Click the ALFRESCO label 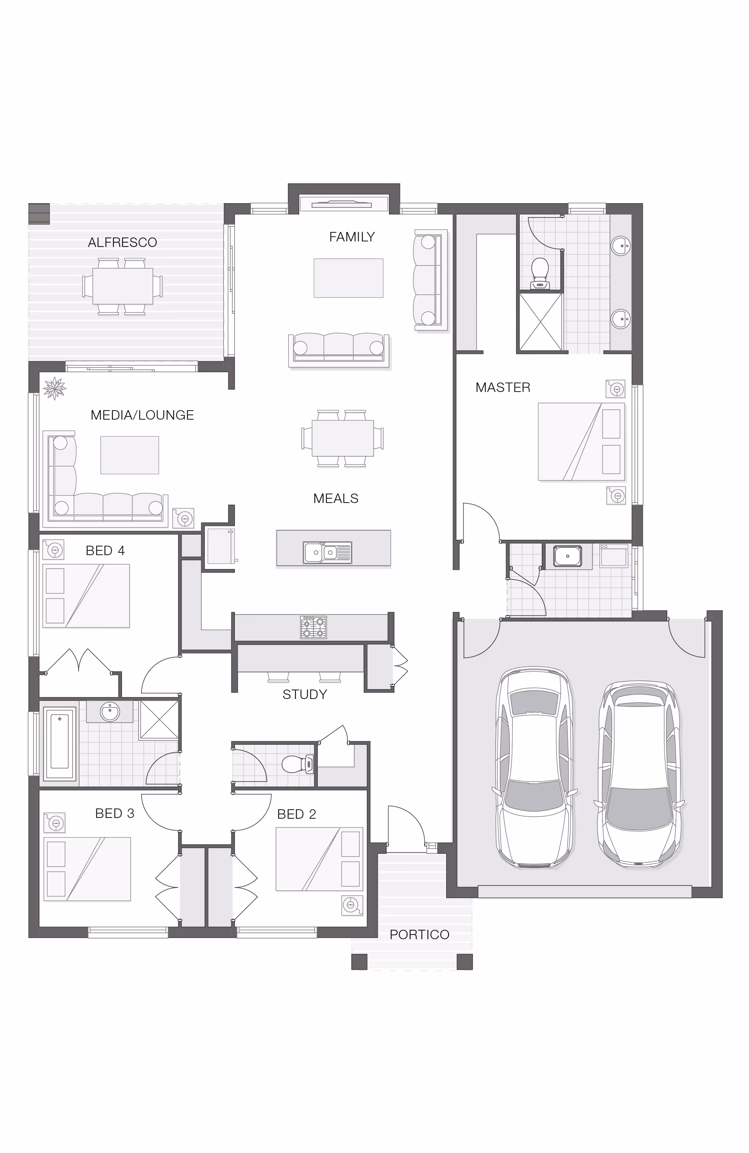pos(122,242)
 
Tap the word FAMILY pos(352,237)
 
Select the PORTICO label pos(419,934)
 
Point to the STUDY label pos(304,694)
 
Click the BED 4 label pos(105,550)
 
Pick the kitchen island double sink pos(327,552)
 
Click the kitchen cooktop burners pos(313,627)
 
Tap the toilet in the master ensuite pos(540,274)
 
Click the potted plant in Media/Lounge pos(54,388)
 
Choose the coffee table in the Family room pos(349,278)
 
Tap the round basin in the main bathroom pos(110,712)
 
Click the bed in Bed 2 pos(319,859)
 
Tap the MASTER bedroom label pos(503,388)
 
